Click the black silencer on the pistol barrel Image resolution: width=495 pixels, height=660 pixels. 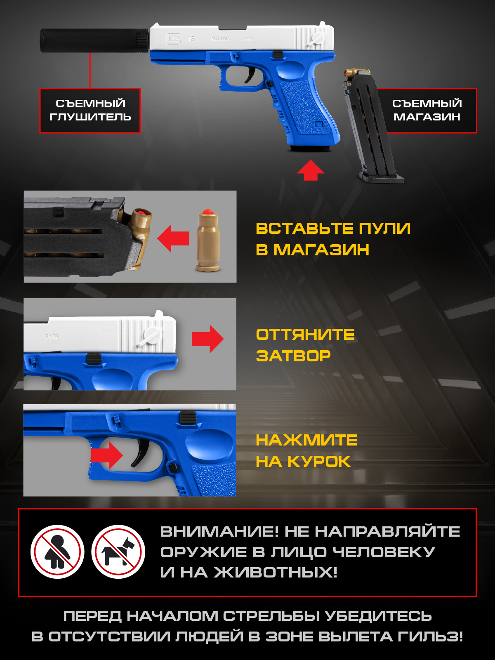[94, 40]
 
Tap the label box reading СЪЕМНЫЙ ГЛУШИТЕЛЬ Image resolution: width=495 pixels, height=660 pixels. [90, 111]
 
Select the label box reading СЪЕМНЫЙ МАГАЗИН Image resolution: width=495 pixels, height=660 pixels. [427, 111]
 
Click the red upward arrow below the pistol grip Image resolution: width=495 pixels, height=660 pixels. [311, 170]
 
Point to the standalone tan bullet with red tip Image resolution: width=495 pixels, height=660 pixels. [208, 240]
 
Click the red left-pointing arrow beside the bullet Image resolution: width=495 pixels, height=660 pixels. [173, 238]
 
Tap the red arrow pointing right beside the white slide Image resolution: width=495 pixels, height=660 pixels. [207, 339]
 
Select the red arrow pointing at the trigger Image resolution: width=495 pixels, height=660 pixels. [107, 455]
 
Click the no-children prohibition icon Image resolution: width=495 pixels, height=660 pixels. [57, 552]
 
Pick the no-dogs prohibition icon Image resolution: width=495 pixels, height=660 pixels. [118, 552]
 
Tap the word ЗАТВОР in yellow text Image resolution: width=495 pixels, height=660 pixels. [293, 356]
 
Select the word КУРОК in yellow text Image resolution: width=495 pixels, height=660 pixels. [319, 462]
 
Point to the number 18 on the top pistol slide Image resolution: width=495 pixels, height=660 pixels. [191, 38]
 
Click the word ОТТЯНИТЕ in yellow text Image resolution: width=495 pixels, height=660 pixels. [305, 335]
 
